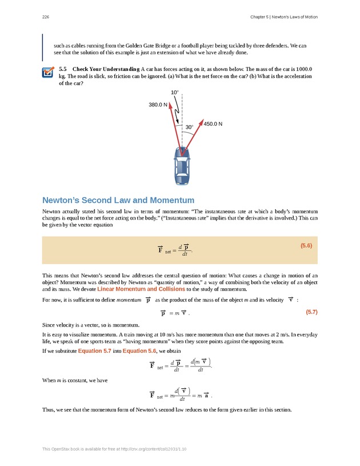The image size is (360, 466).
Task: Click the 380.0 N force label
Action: [158, 105]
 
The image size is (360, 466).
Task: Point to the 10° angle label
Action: [175, 92]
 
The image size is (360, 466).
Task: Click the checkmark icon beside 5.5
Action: [49, 73]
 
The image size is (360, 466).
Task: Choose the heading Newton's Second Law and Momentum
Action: [118, 200]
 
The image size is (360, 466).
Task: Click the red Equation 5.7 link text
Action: [98, 350]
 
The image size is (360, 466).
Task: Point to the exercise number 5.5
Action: [63, 69]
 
